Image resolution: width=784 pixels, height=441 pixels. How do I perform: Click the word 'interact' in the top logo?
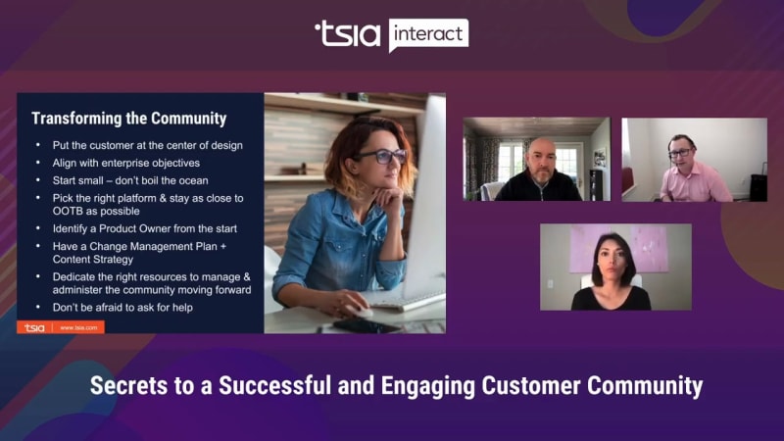pos(428,34)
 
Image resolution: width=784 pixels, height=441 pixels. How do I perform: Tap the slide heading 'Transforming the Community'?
pos(129,119)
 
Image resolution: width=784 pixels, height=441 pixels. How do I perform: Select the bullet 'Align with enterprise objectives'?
pos(126,163)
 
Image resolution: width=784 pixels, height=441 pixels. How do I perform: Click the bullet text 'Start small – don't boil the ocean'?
pos(130,180)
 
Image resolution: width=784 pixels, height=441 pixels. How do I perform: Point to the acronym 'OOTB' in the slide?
pos(68,211)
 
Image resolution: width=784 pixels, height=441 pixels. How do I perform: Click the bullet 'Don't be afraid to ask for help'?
pos(122,308)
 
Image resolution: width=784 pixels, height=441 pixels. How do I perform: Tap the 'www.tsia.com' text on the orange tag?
pos(78,328)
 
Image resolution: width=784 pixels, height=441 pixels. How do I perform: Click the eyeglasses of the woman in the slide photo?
pos(381,156)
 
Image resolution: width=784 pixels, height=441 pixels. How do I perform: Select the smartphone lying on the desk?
pos(367,326)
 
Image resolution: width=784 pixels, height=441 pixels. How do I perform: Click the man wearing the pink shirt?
pos(693,169)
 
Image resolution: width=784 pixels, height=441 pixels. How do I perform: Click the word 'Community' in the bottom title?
pos(645,386)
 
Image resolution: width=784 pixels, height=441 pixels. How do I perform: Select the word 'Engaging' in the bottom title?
pos(428,386)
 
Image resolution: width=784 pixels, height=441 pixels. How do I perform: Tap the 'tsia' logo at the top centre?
pos(348,34)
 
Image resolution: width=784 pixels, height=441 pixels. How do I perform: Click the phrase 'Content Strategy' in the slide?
pos(93,260)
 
